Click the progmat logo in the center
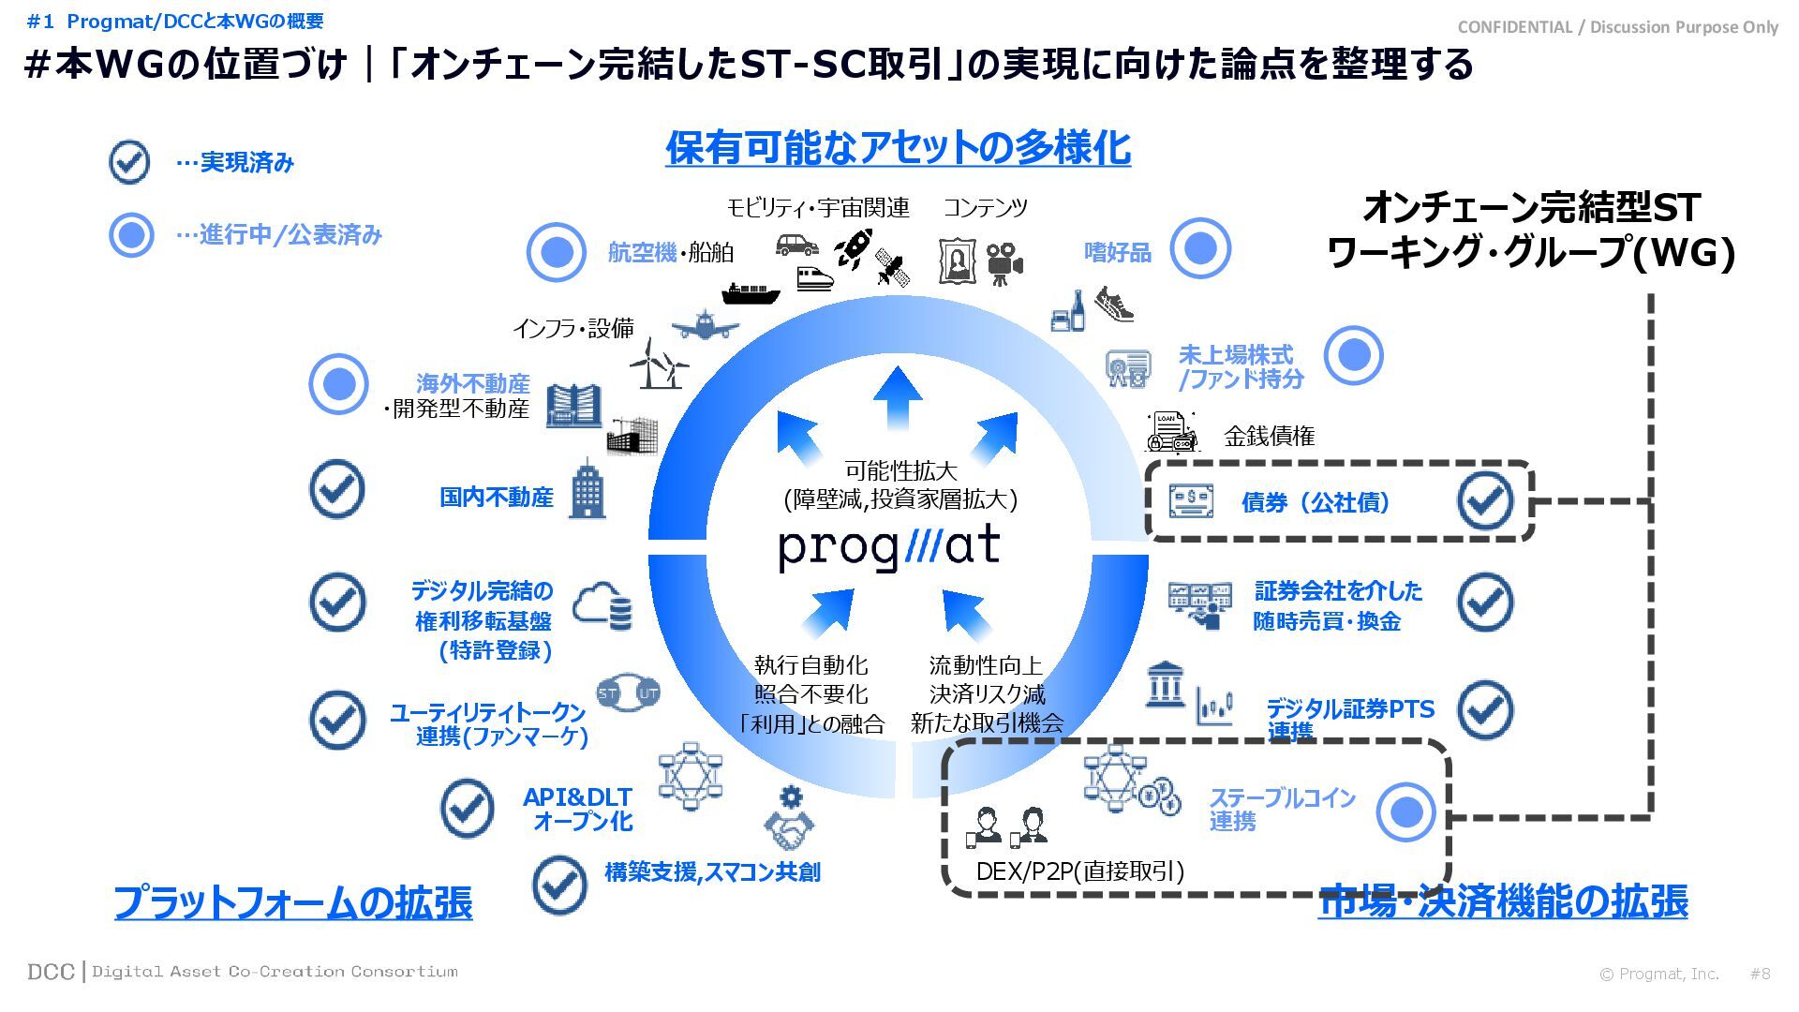click(x=889, y=548)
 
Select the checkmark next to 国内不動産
click(x=337, y=489)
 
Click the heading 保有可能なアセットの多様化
click(x=898, y=148)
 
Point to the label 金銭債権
click(x=1269, y=436)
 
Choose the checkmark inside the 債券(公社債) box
click(x=1485, y=501)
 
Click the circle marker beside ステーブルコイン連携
click(x=1405, y=811)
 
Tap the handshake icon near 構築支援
click(x=789, y=829)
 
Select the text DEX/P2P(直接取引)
click(x=1079, y=871)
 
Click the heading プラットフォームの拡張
click(x=292, y=901)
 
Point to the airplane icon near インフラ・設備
click(x=705, y=324)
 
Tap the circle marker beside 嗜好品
click(x=1200, y=249)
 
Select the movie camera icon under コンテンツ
click(x=1004, y=263)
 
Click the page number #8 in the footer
click(x=1760, y=974)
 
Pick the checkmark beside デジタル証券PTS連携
click(x=1485, y=709)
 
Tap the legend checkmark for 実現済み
click(x=129, y=162)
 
